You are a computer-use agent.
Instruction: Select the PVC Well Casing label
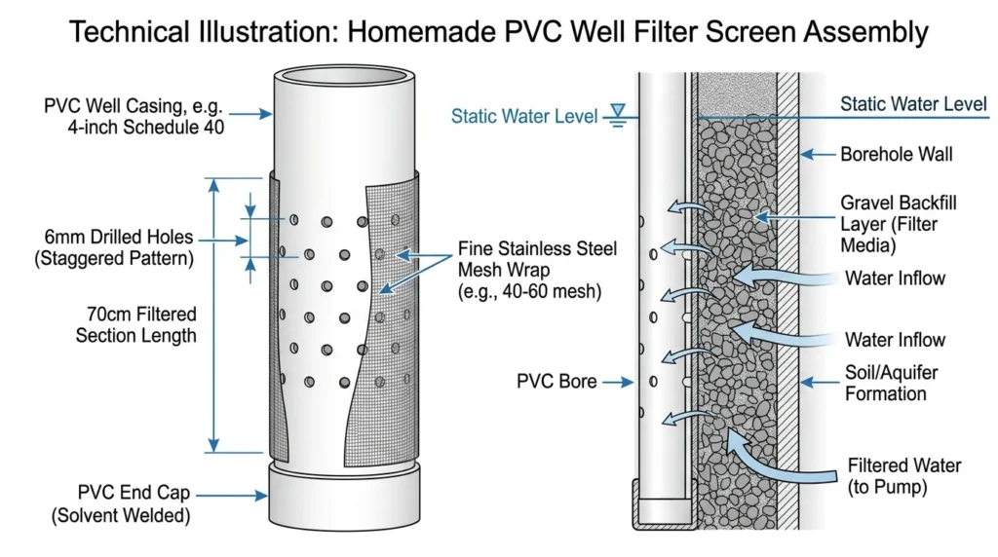click(134, 116)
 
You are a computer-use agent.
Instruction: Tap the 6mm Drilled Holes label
click(115, 247)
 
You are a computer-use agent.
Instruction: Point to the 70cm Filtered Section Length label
click(135, 324)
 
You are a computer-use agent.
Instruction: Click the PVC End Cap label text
click(121, 503)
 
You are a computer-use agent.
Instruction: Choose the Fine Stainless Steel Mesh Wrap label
click(537, 270)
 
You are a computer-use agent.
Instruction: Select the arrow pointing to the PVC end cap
click(232, 495)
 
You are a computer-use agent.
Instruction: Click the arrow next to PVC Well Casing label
click(250, 114)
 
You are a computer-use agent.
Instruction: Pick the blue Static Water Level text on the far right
click(913, 103)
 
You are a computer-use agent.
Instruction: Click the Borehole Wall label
click(897, 154)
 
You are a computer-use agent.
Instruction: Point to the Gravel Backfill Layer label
click(898, 224)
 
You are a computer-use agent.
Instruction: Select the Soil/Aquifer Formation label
click(891, 383)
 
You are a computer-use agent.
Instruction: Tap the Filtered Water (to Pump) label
click(903, 476)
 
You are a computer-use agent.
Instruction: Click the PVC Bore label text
click(557, 381)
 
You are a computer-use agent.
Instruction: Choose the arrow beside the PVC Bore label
click(618, 382)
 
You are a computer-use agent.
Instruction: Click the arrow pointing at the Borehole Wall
click(818, 154)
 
